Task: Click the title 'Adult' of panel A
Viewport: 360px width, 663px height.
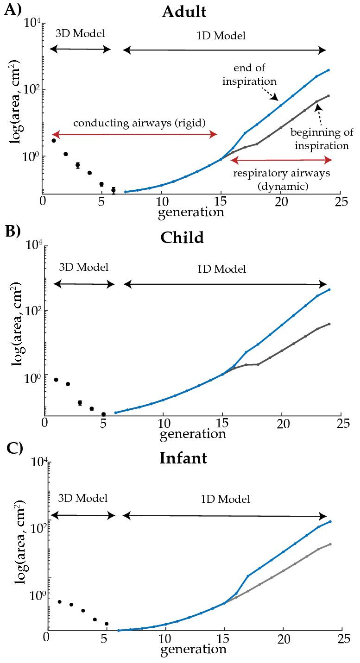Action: click(184, 12)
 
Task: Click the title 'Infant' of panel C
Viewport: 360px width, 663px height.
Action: click(183, 458)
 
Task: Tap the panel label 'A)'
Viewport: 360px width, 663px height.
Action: click(12, 10)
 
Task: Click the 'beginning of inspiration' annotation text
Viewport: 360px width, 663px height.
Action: click(319, 138)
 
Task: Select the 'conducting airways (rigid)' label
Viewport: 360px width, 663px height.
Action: click(139, 123)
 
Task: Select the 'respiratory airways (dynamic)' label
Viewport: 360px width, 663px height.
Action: click(281, 180)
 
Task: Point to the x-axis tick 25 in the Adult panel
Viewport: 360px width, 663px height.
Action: click(341, 201)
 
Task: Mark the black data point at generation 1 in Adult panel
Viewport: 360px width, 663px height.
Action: click(54, 140)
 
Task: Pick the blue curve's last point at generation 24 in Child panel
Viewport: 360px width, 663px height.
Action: click(329, 290)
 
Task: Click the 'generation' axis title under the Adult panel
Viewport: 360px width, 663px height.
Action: click(191, 213)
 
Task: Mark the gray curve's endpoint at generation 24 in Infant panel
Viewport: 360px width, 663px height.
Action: click(330, 544)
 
